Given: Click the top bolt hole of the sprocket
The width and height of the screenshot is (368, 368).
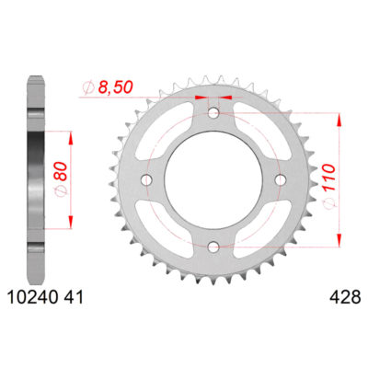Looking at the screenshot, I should pos(213,114).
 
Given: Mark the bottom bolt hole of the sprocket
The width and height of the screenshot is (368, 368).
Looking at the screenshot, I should pos(213,247).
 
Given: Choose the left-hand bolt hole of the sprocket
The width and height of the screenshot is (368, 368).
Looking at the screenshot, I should pos(147,180).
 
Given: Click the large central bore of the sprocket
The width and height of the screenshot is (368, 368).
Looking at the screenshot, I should pos(213,180).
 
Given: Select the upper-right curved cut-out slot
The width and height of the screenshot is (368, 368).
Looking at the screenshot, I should pos(261,132).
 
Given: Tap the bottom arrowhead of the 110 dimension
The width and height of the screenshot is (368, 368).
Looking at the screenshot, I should pos(342,242).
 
